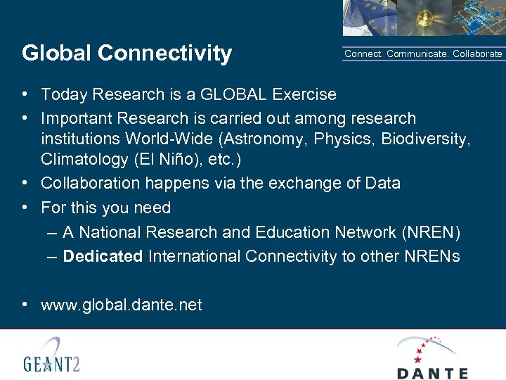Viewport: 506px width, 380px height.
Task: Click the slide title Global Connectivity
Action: pyautogui.click(x=126, y=53)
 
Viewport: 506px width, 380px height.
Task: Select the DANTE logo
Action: pyautogui.click(x=432, y=358)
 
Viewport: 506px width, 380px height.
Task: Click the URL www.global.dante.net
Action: pyautogui.click(x=122, y=305)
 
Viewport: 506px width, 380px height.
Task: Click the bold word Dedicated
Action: pyautogui.click(x=103, y=256)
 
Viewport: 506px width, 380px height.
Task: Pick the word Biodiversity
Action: pyautogui.click(x=425, y=138)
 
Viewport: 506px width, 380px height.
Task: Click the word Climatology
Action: pyautogui.click(x=84, y=159)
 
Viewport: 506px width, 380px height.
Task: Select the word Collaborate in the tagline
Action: pyautogui.click(x=478, y=53)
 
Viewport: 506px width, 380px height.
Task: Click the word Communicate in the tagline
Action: pyautogui.click(x=417, y=53)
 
